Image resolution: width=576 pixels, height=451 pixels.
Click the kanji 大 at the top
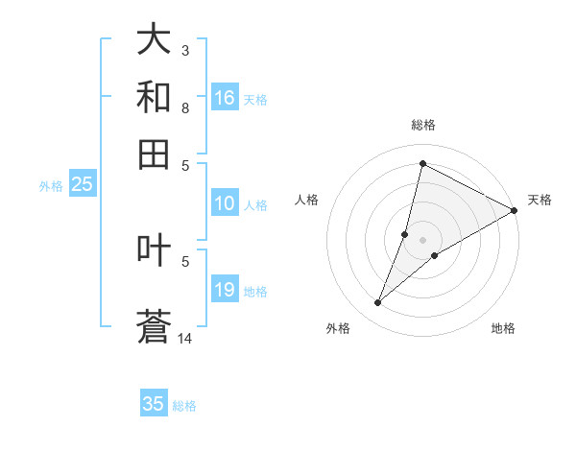(155, 41)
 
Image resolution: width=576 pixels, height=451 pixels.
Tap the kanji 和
(155, 97)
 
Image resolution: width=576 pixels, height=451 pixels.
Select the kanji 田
(155, 153)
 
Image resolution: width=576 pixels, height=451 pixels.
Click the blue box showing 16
(225, 98)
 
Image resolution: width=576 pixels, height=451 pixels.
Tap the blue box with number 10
(225, 203)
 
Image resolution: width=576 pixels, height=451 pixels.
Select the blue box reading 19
(225, 290)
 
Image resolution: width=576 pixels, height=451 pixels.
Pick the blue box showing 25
(83, 185)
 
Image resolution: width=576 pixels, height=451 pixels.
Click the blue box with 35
(154, 404)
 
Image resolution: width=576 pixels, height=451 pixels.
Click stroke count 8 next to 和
(185, 108)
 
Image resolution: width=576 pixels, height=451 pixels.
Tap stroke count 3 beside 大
(185, 50)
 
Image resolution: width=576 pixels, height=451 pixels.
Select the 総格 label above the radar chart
(422, 125)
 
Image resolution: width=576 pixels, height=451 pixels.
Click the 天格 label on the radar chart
(540, 200)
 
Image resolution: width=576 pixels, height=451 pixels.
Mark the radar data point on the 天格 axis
(514, 210)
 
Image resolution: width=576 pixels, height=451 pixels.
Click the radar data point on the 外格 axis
(378, 303)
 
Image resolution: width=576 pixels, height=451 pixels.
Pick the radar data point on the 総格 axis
(422, 163)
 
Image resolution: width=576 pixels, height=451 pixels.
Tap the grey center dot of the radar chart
(422, 240)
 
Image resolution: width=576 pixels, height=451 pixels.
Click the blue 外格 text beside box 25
(51, 186)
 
